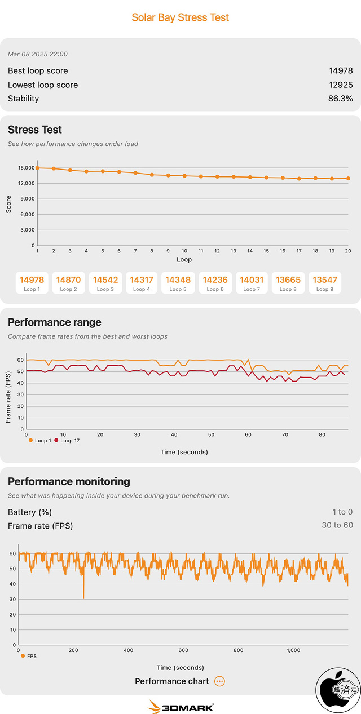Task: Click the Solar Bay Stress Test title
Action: pos(180,17)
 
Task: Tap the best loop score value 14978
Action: pos(341,70)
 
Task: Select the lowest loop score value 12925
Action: pos(341,85)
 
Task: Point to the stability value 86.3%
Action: pos(341,99)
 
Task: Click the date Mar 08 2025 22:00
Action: pos(38,54)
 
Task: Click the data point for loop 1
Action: pos(37,168)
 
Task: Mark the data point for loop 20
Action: pos(348,178)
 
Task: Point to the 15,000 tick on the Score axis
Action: pos(26,168)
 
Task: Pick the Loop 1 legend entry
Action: pos(39,441)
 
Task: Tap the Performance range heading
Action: pos(55,322)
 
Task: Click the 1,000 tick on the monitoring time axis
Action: pos(293,650)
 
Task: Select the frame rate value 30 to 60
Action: pos(337,525)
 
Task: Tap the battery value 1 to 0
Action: pos(342,512)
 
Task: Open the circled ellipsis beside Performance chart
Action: pos(220,681)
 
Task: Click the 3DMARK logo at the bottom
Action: pos(180,707)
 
